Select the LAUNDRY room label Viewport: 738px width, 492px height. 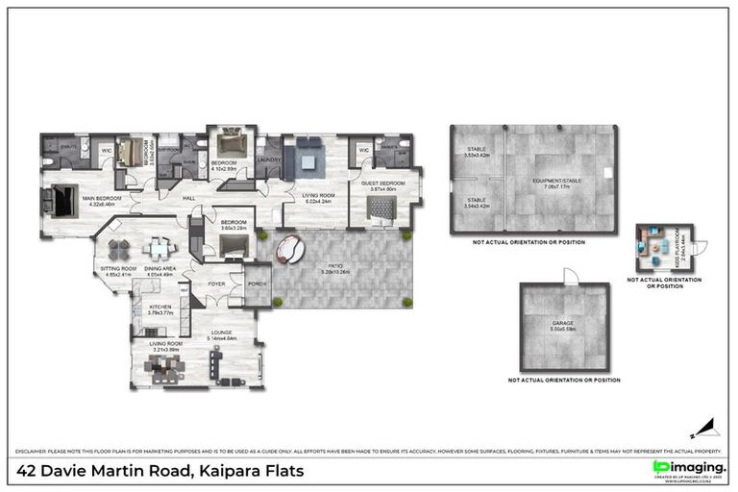268,160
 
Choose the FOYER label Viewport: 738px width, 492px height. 216,283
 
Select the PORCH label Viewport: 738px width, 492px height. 257,283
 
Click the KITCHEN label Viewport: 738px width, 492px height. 160,307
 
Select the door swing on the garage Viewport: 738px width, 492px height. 569,276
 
